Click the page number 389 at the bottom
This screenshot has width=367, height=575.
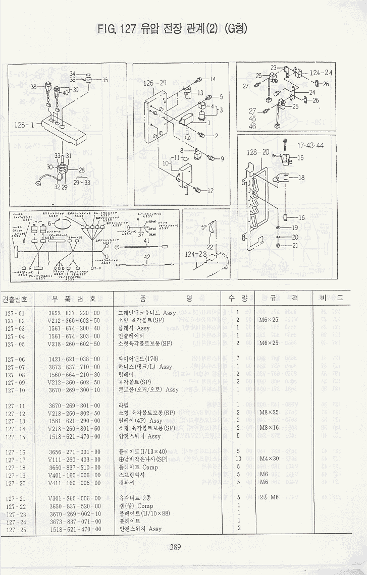click(x=175, y=547)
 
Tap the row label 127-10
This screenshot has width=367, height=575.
click(x=15, y=390)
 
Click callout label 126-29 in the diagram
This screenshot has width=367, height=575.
click(x=155, y=83)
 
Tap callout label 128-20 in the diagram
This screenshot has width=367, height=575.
click(x=257, y=151)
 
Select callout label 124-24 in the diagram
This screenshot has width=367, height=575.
click(x=321, y=73)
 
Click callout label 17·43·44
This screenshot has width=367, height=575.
click(x=310, y=145)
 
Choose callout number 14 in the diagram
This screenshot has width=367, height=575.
click(x=212, y=79)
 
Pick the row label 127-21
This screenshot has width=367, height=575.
click(x=15, y=498)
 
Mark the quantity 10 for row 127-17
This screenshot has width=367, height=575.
click(x=238, y=459)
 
